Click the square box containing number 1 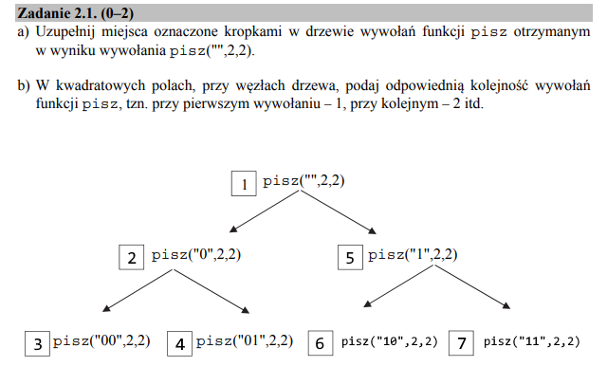pyautogui.click(x=244, y=183)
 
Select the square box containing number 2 pyautogui.click(x=132, y=257)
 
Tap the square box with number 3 pyautogui.click(x=37, y=343)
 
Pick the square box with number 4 pyautogui.click(x=179, y=343)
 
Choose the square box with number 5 pyautogui.click(x=350, y=257)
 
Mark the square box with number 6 pyautogui.click(x=321, y=343)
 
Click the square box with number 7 pyautogui.click(x=461, y=343)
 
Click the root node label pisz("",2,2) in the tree pyautogui.click(x=303, y=181)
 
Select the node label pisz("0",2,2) pyautogui.click(x=196, y=255)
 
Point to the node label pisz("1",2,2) pyautogui.click(x=413, y=255)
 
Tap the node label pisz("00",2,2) pyautogui.click(x=101, y=340)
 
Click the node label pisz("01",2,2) pyautogui.click(x=245, y=340)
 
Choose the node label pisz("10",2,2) pyautogui.click(x=390, y=341)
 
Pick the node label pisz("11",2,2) pyautogui.click(x=532, y=341)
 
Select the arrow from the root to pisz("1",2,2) pyautogui.click(x=339, y=212)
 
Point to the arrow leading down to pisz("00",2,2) pyautogui.click(x=138, y=290)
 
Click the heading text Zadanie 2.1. pyautogui.click(x=57, y=13)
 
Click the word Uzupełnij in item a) pyautogui.click(x=65, y=32)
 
